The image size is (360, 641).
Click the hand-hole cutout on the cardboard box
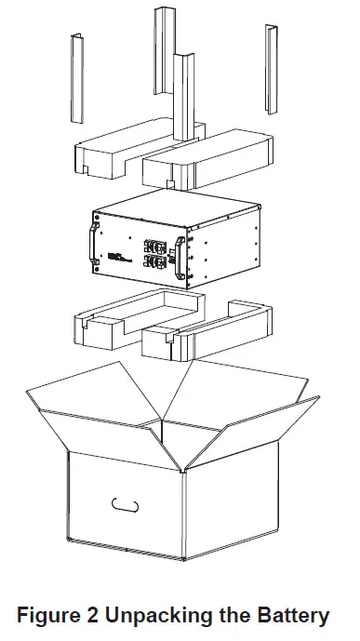pos(124,505)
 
